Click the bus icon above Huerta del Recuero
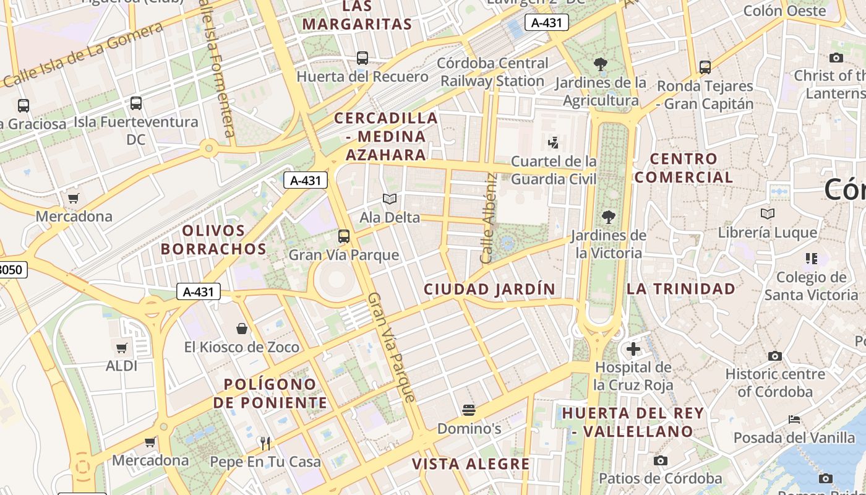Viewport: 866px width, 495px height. [x=362, y=58]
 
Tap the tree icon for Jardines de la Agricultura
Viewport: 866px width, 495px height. [x=600, y=63]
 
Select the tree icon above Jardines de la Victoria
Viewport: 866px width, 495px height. [x=609, y=217]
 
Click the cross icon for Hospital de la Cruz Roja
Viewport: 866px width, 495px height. [x=633, y=349]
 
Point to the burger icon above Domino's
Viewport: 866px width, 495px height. [x=469, y=410]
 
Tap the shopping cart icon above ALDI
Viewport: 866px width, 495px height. [x=122, y=348]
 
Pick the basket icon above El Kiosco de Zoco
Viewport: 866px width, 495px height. [x=242, y=329]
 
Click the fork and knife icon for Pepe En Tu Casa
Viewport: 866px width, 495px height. [x=265, y=443]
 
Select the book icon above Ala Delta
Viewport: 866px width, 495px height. [x=389, y=199]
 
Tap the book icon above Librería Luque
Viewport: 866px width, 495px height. [x=768, y=214]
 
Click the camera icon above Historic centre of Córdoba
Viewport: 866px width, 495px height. [x=774, y=356]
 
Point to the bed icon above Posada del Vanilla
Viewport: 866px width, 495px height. [x=794, y=420]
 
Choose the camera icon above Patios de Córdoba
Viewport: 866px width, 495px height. [x=661, y=460]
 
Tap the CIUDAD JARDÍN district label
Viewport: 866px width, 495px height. [x=489, y=289]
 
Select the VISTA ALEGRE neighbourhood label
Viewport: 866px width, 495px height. [x=471, y=464]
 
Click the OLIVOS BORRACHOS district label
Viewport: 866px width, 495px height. [x=224, y=239]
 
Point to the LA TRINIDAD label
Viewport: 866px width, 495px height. [x=681, y=289]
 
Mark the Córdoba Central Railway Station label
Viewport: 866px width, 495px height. [x=492, y=72]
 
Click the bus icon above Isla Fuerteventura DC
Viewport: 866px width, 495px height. [x=136, y=103]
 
